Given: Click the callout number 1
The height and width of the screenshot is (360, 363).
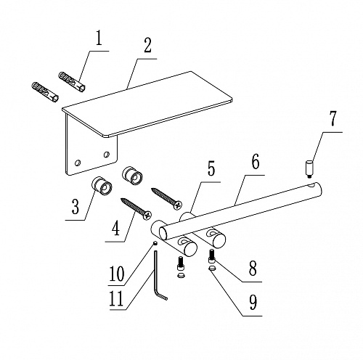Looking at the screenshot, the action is [99, 38].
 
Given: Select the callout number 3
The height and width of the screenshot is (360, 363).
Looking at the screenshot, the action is [76, 207].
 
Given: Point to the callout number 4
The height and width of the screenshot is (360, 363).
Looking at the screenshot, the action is [116, 228].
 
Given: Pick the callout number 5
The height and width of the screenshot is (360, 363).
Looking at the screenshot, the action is [211, 168].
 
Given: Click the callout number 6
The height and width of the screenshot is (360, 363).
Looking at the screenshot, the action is [256, 162].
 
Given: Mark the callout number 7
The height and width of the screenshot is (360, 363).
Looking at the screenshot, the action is [333, 119].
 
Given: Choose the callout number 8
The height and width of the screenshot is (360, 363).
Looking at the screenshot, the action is [253, 269].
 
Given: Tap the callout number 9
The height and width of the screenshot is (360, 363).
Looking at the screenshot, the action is [253, 303].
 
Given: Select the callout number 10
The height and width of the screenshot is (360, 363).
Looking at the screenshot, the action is [117, 274].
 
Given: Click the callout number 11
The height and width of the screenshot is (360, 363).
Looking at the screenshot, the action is [117, 299].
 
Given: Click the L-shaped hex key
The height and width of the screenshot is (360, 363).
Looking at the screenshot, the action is [155, 274].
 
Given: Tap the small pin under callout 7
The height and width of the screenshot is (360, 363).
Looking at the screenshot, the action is [309, 169].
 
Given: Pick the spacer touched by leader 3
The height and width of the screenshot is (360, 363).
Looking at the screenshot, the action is [102, 186].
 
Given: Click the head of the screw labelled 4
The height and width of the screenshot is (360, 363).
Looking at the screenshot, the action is [147, 215].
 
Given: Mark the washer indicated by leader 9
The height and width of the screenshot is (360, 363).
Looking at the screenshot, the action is [212, 268].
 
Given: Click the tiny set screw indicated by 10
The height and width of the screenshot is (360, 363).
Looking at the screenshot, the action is [155, 243].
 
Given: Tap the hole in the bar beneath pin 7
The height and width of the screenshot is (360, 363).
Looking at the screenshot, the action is [310, 185].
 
